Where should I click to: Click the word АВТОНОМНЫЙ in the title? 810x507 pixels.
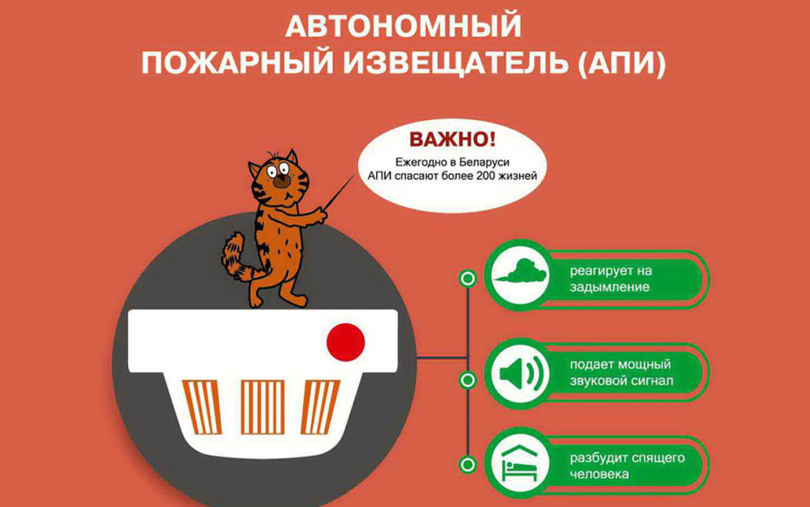pyautogui.click(x=403, y=26)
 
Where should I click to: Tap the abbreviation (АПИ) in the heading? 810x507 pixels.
pyautogui.click(x=622, y=64)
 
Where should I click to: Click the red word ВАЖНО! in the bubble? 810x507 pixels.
pyautogui.click(x=452, y=139)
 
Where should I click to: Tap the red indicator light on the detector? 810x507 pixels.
pyautogui.click(x=346, y=341)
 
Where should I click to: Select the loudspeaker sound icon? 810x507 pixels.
pyautogui.click(x=521, y=372)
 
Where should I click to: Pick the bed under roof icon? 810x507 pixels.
pyautogui.click(x=520, y=464)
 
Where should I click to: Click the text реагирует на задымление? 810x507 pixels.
pyautogui.click(x=611, y=279)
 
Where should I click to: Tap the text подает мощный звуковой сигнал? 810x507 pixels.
pyautogui.click(x=621, y=373)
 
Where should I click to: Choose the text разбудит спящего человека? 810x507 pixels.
pyautogui.click(x=627, y=466)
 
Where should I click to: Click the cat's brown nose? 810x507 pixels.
pyautogui.click(x=281, y=180)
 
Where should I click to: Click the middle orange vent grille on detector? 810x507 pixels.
pyautogui.click(x=262, y=407)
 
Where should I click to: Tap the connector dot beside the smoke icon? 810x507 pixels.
pyautogui.click(x=468, y=279)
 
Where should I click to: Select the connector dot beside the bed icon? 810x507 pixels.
pyautogui.click(x=468, y=464)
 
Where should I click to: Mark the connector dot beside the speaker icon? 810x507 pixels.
pyautogui.click(x=468, y=381)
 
